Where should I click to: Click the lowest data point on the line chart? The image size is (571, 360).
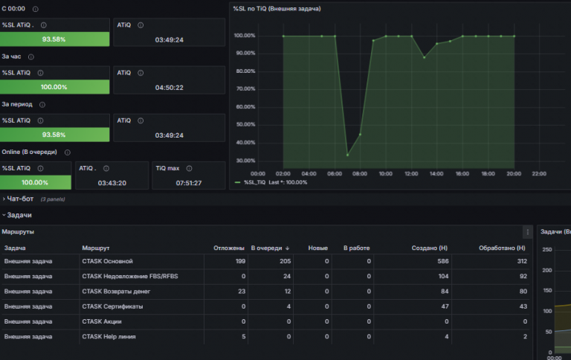348,155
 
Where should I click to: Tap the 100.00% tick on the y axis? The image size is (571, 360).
245,36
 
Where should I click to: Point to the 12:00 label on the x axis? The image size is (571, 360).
411,174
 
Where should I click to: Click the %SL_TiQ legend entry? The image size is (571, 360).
255,182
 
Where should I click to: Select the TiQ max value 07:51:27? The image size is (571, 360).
189,183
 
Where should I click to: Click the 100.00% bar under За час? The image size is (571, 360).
54,87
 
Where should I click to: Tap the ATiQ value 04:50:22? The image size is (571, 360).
170,88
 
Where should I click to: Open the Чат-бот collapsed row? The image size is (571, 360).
20,199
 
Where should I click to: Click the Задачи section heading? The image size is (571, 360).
19,215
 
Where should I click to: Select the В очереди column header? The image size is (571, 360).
267,248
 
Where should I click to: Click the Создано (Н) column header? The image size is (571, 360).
429,248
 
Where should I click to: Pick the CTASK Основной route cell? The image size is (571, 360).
107,261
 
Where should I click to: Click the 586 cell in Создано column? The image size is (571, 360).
443,261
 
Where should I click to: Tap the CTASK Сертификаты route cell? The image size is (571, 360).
112,306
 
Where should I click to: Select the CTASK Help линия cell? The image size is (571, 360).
109,337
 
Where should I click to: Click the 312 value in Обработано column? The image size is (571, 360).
522,261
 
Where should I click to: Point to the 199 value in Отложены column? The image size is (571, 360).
240,261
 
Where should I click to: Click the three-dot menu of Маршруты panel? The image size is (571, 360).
528,232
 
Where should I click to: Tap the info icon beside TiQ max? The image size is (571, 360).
189,168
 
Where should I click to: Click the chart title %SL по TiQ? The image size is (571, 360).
277,9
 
